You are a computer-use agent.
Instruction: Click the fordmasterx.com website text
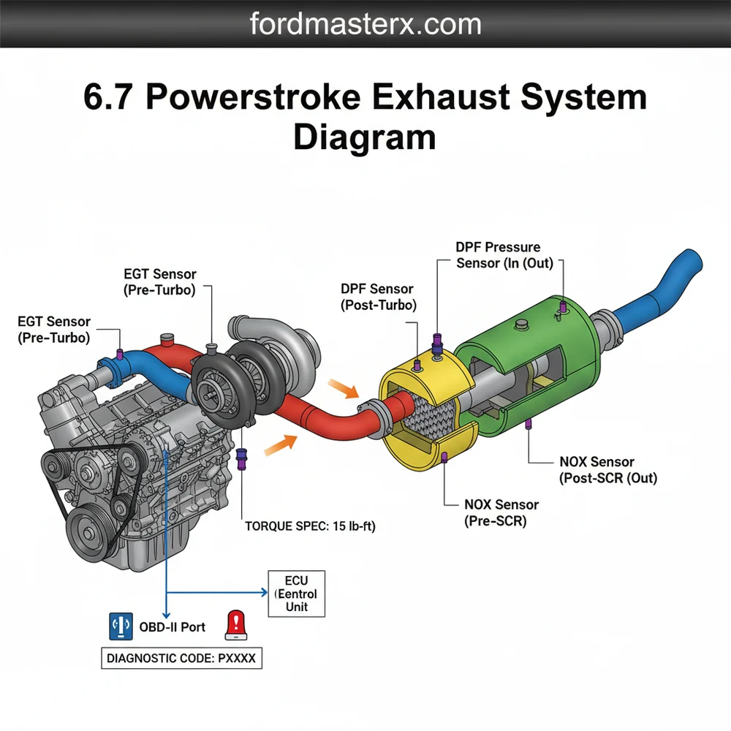click(365, 24)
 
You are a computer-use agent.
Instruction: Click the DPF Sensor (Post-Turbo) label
click(378, 298)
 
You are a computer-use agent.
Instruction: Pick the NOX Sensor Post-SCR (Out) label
click(607, 470)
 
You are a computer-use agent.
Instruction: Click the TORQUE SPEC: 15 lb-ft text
click(310, 526)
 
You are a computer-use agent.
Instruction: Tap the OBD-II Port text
click(173, 626)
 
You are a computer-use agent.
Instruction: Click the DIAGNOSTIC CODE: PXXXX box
click(181, 658)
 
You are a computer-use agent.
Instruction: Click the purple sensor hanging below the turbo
click(243, 457)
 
